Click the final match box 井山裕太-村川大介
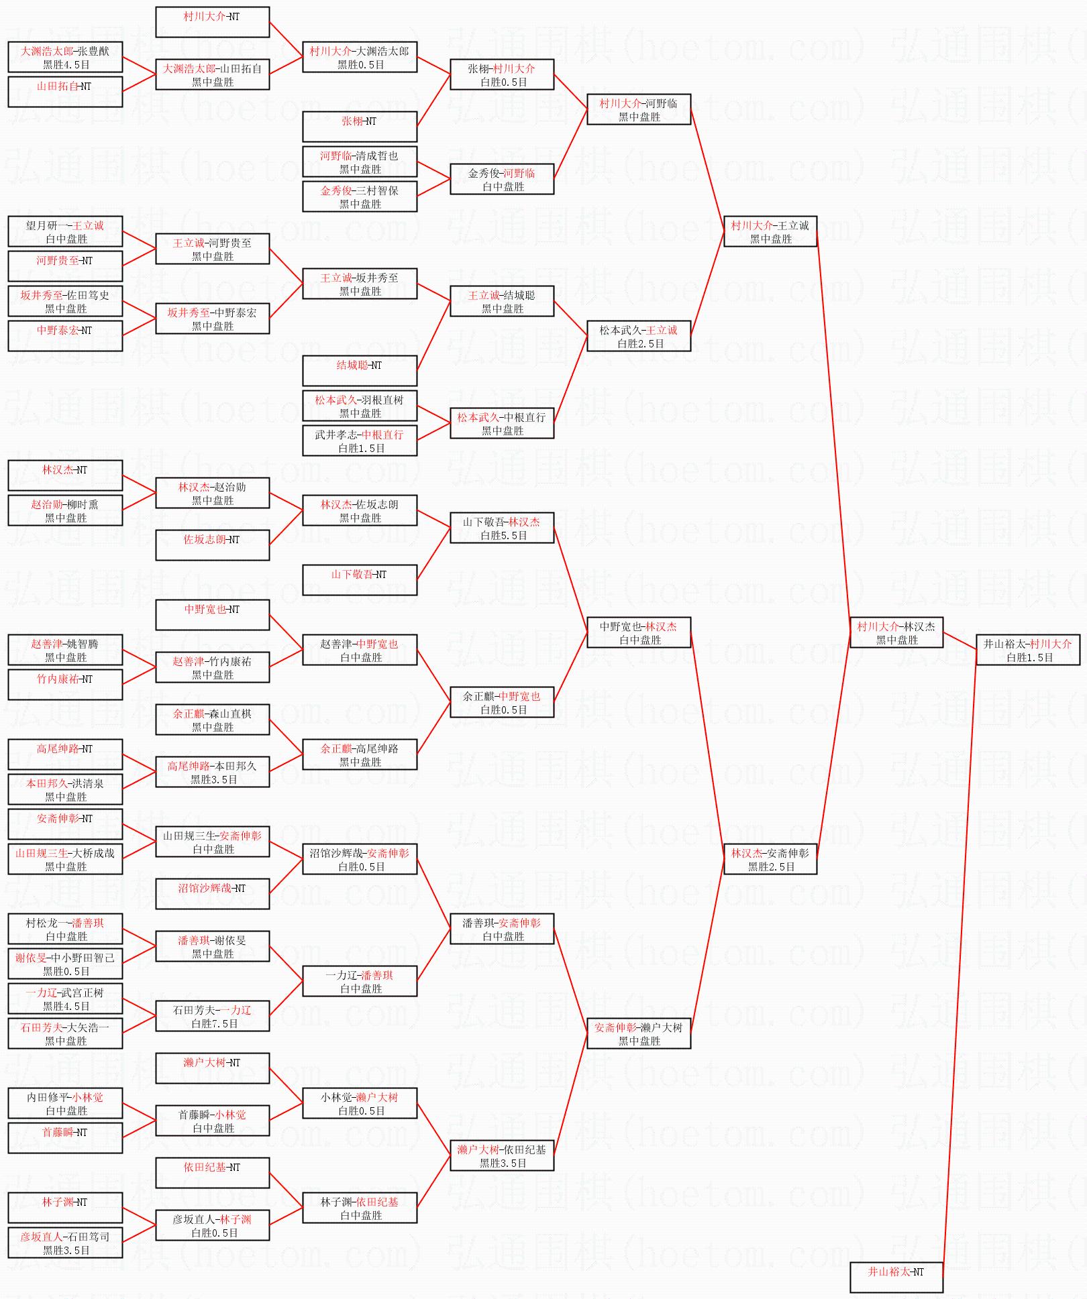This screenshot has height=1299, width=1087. click(x=1027, y=650)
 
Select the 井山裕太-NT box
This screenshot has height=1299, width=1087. click(x=896, y=1277)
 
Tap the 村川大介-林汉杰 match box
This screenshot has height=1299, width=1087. click(x=896, y=632)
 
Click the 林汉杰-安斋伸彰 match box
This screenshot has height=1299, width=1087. click(x=770, y=859)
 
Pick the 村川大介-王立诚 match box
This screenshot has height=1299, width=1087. click(x=770, y=231)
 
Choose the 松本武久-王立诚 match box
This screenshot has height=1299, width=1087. click(x=639, y=336)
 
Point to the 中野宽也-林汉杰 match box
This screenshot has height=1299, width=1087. click(x=639, y=632)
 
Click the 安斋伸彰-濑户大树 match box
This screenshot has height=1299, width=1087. click(x=639, y=1033)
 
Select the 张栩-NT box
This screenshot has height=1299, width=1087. click(x=360, y=127)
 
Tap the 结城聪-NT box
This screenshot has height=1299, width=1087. click(x=360, y=371)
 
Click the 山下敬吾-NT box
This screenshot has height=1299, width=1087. click(x=360, y=580)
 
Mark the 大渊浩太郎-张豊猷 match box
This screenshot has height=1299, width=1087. click(x=65, y=57)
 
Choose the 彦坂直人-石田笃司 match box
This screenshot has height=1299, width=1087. click(x=65, y=1243)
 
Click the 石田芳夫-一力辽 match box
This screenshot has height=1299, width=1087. click(x=213, y=1016)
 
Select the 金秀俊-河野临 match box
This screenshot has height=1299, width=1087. click(x=502, y=179)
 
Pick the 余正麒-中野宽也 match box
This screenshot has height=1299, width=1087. click(x=502, y=702)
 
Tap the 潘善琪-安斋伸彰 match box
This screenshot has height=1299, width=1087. click(x=502, y=929)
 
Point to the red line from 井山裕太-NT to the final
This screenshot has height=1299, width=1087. click(x=960, y=966)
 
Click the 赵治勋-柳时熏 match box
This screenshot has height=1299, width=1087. click(x=65, y=510)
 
